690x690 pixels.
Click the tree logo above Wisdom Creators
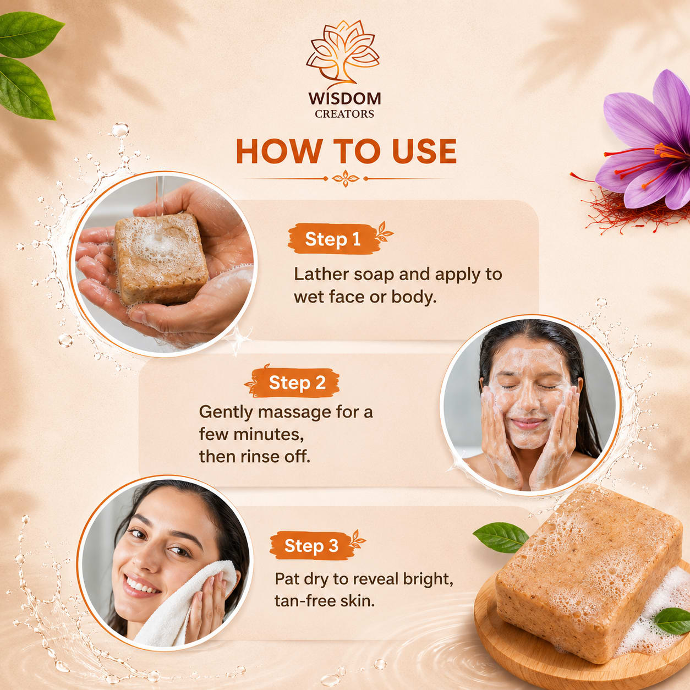click(343, 54)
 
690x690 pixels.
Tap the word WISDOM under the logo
click(344, 99)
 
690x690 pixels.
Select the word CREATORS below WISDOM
click(344, 114)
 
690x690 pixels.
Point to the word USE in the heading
click(425, 151)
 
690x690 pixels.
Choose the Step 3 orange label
click(312, 546)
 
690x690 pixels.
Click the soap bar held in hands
click(161, 259)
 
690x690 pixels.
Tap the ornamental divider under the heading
click(345, 178)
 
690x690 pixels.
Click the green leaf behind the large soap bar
click(501, 536)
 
